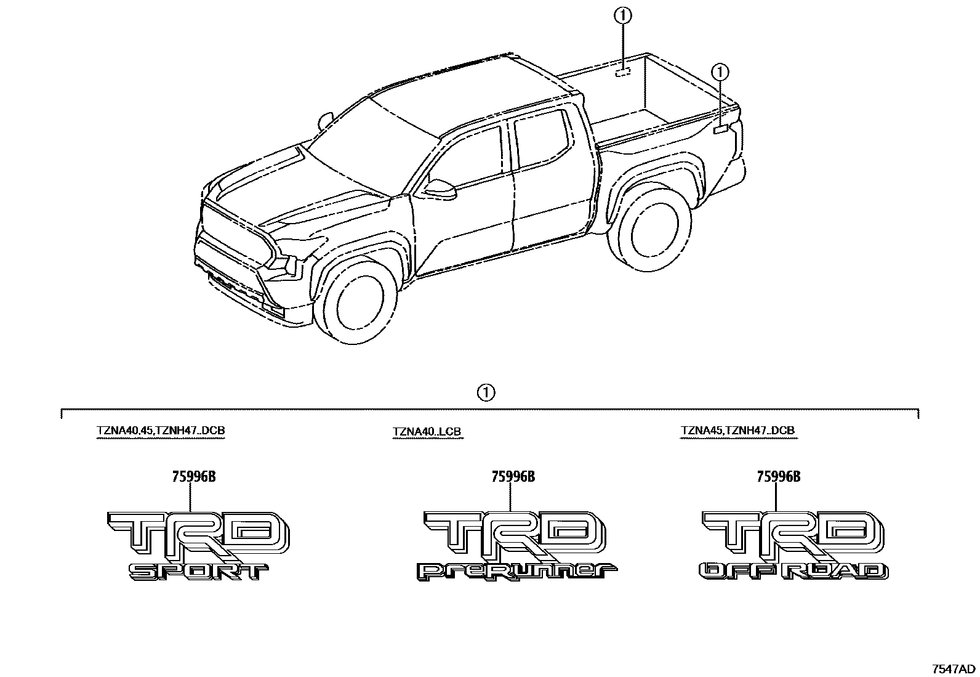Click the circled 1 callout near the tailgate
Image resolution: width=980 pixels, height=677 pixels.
[x=720, y=73]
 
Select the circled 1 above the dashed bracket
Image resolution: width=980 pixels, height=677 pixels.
[x=486, y=392]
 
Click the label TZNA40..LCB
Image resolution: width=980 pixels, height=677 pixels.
[x=427, y=432]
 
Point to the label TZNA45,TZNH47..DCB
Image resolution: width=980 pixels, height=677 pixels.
[x=738, y=430]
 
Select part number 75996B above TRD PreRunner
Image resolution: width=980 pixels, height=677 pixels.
[x=513, y=476]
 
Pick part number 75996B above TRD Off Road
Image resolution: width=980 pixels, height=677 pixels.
[x=778, y=476]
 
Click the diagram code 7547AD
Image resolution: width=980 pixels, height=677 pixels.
[x=953, y=669]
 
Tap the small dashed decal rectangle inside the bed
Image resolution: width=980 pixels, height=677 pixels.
[x=623, y=73]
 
